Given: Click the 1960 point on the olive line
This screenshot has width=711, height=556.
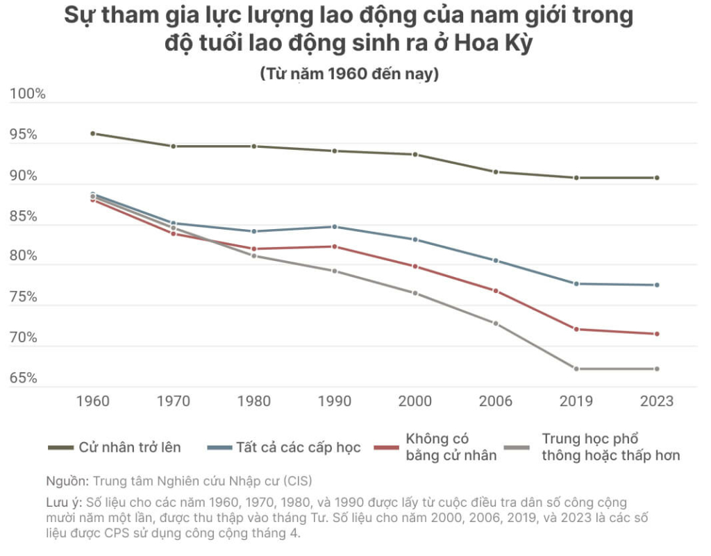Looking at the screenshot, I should [x=93, y=133].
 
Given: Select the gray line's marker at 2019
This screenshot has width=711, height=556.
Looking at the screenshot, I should [x=576, y=369].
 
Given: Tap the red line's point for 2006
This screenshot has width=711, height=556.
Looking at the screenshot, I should [x=496, y=291].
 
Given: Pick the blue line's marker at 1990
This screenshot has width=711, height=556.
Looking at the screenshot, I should [x=335, y=227].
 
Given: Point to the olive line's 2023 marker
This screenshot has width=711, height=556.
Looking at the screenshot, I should [x=657, y=178].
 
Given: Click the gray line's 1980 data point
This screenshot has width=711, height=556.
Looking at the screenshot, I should [x=254, y=255].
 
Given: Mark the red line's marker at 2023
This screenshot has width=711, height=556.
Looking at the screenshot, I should [x=657, y=334].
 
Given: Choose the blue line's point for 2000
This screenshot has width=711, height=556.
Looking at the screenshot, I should [x=415, y=239].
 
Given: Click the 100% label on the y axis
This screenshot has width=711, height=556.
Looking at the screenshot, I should [x=28, y=94].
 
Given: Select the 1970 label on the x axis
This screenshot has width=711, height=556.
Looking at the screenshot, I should [x=174, y=401].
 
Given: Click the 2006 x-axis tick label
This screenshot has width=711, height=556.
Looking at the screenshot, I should [x=496, y=401].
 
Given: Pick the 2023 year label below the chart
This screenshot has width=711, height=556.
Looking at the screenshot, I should [x=657, y=401].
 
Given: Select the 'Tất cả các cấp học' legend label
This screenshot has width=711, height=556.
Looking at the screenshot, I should [x=299, y=447].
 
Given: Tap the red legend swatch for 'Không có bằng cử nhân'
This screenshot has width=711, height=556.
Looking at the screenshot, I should [x=386, y=448].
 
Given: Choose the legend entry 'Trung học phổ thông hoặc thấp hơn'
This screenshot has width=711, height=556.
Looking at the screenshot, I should [x=610, y=447].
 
